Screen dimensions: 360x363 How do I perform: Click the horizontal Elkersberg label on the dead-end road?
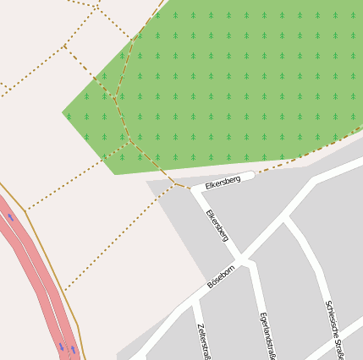(x=223, y=181)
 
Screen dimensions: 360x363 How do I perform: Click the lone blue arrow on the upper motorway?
(x=11, y=217)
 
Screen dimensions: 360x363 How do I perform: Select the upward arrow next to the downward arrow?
(x=74, y=348)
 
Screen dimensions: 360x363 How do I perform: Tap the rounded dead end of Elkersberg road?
(x=250, y=177)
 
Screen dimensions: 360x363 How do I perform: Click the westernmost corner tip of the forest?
(x=64, y=112)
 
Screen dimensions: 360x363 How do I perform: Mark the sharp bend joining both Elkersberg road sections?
(x=195, y=188)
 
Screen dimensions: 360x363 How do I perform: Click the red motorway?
(x=34, y=270)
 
